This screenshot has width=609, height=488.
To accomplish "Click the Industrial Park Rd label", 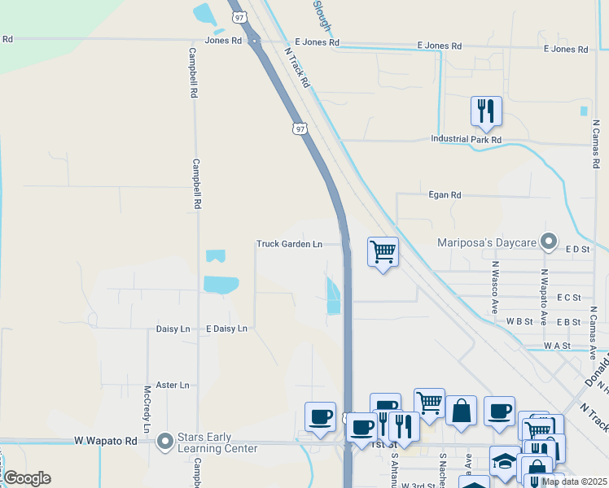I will coord(466,140).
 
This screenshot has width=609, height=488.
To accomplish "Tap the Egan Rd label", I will coord(445,195).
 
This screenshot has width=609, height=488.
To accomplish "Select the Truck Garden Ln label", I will coord(289,244).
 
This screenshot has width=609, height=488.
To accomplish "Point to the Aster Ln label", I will coord(172,385).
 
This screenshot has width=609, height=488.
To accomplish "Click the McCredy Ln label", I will coord(147,409).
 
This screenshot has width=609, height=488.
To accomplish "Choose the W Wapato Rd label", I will coord(106,441).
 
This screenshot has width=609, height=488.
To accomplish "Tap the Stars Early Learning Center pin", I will coord(165,442).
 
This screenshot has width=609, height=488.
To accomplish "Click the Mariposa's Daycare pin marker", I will coord(550,241).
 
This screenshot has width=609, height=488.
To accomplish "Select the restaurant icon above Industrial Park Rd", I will coord(486,111).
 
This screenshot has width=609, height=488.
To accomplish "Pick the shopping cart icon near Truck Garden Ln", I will coord(383,251).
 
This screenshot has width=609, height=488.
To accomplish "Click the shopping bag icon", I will coord(461,410).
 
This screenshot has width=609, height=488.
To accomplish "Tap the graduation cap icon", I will coord(505,460).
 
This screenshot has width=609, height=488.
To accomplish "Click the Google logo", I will coord(26,478).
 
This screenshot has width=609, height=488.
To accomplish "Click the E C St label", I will coord(568,298).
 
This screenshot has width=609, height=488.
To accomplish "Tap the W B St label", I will coord(519,321).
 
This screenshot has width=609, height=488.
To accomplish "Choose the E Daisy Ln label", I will coord(226,329).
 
